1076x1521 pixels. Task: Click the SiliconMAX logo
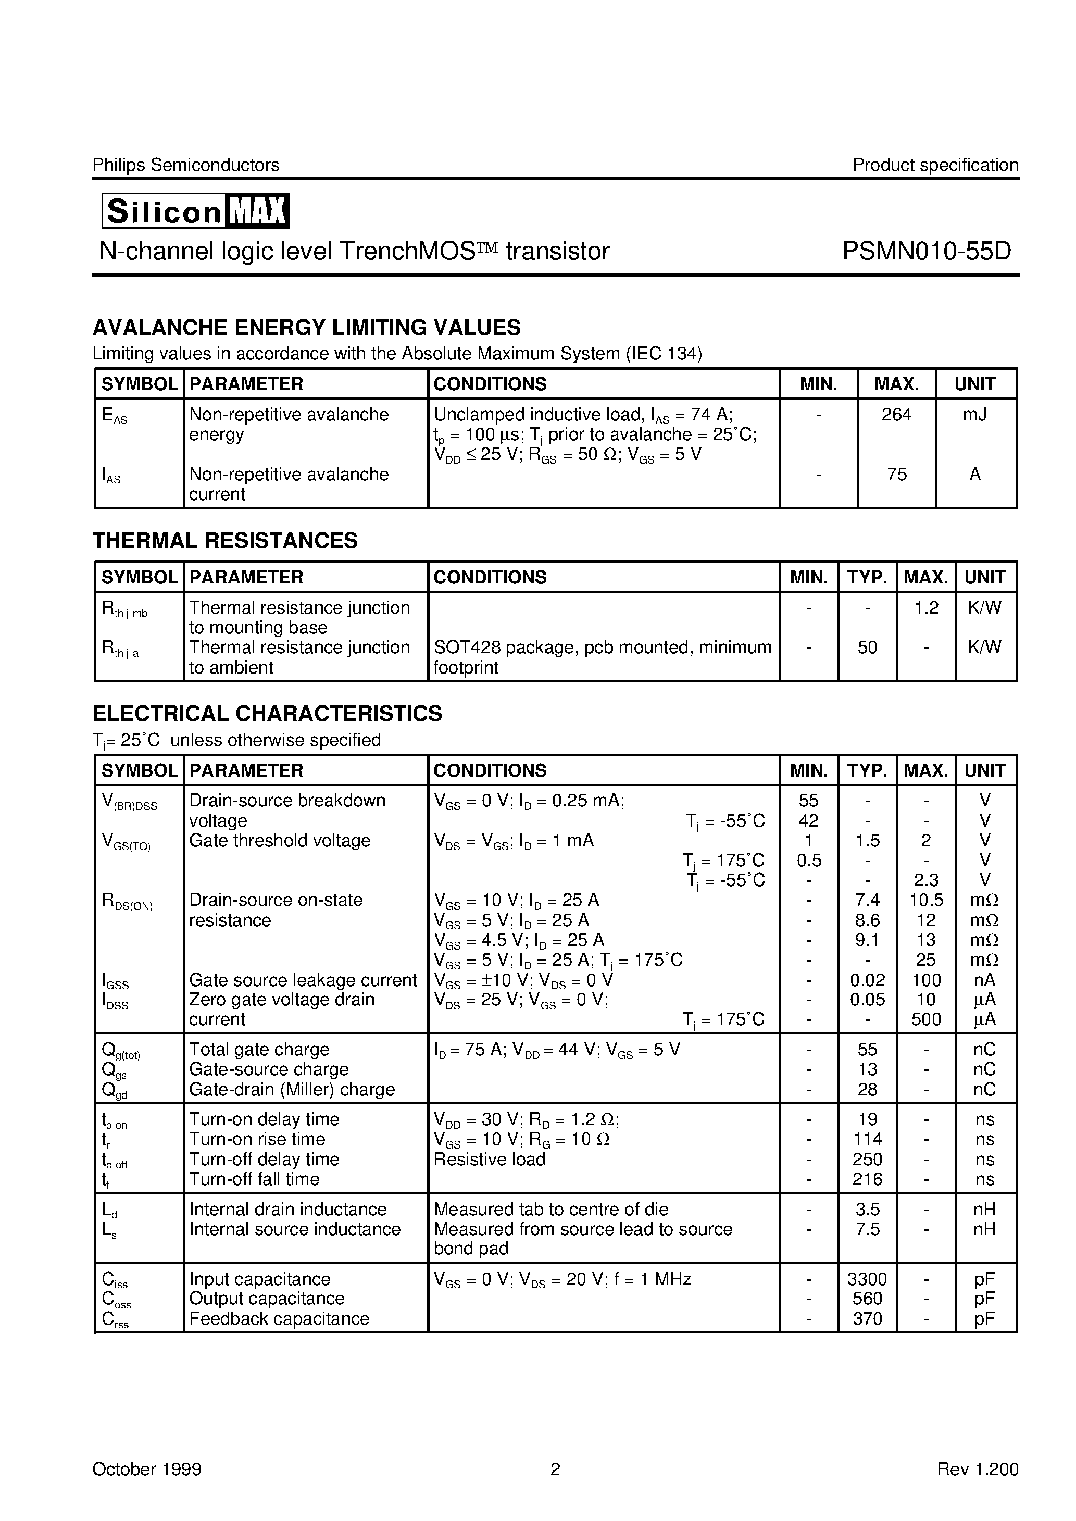click(x=195, y=210)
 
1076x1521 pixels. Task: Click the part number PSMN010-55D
click(x=926, y=251)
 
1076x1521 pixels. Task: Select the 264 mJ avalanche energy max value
click(x=896, y=415)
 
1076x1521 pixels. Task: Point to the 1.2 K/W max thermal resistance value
click(x=925, y=607)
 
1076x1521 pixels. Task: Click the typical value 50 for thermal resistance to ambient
click(x=867, y=647)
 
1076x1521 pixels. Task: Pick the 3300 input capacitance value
click(x=867, y=1279)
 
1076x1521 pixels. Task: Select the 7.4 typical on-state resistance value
click(x=867, y=900)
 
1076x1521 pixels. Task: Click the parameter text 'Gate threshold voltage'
click(x=280, y=841)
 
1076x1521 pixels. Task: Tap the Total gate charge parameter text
click(x=259, y=1049)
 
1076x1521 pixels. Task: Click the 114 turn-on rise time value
click(x=867, y=1139)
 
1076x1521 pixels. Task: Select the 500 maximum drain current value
click(x=925, y=1019)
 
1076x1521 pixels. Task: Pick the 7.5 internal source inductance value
click(x=867, y=1229)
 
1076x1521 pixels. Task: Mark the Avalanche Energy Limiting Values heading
click(x=306, y=327)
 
